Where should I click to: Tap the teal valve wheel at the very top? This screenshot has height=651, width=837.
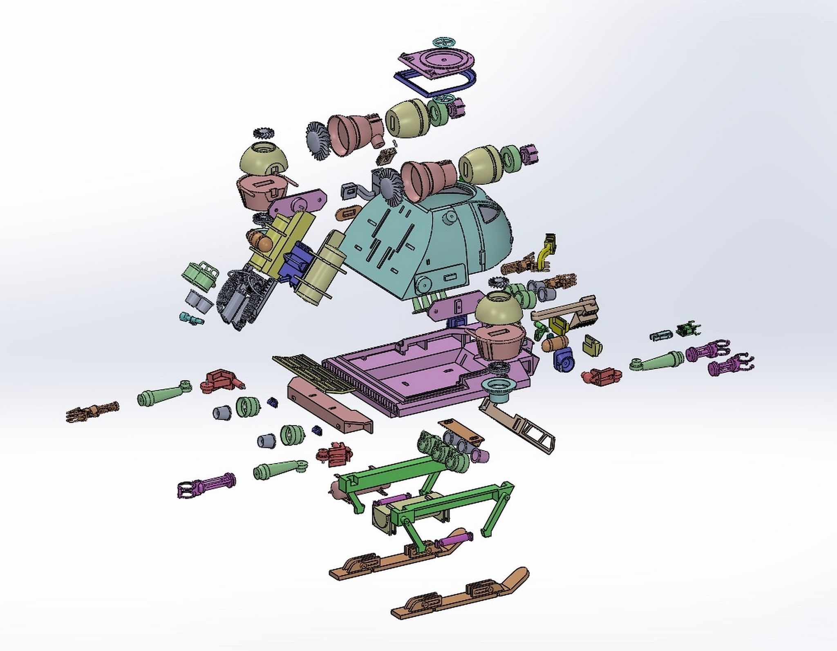pos(445,42)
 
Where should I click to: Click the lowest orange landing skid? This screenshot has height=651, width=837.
pos(458,609)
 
